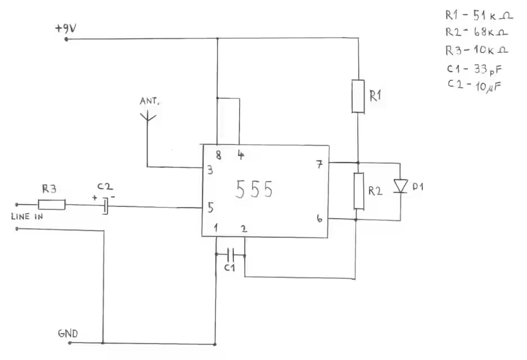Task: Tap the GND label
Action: [x=68, y=332]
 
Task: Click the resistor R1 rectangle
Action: [x=358, y=96]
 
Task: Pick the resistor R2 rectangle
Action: [x=358, y=191]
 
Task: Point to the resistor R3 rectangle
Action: [x=52, y=205]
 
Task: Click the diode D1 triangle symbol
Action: [x=400, y=186]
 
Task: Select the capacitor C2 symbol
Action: [x=105, y=206]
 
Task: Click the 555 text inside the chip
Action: [x=254, y=190]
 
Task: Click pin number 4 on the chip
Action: [x=240, y=155]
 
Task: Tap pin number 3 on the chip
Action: [x=210, y=170]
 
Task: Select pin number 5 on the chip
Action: [x=210, y=208]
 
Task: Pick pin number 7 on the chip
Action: [x=319, y=164]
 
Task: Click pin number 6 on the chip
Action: [x=319, y=218]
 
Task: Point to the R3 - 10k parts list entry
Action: [x=477, y=49]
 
